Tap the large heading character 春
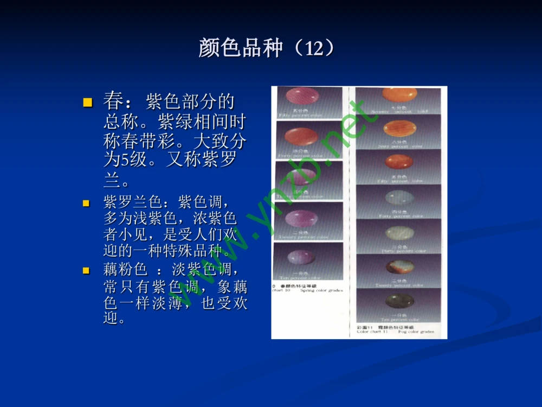(113, 101)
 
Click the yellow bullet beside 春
(87, 102)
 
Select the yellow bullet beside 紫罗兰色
(86, 204)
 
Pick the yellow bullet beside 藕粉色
(86, 270)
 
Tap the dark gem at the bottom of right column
(399, 301)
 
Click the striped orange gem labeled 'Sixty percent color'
(399, 128)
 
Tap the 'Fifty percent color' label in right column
(400, 181)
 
